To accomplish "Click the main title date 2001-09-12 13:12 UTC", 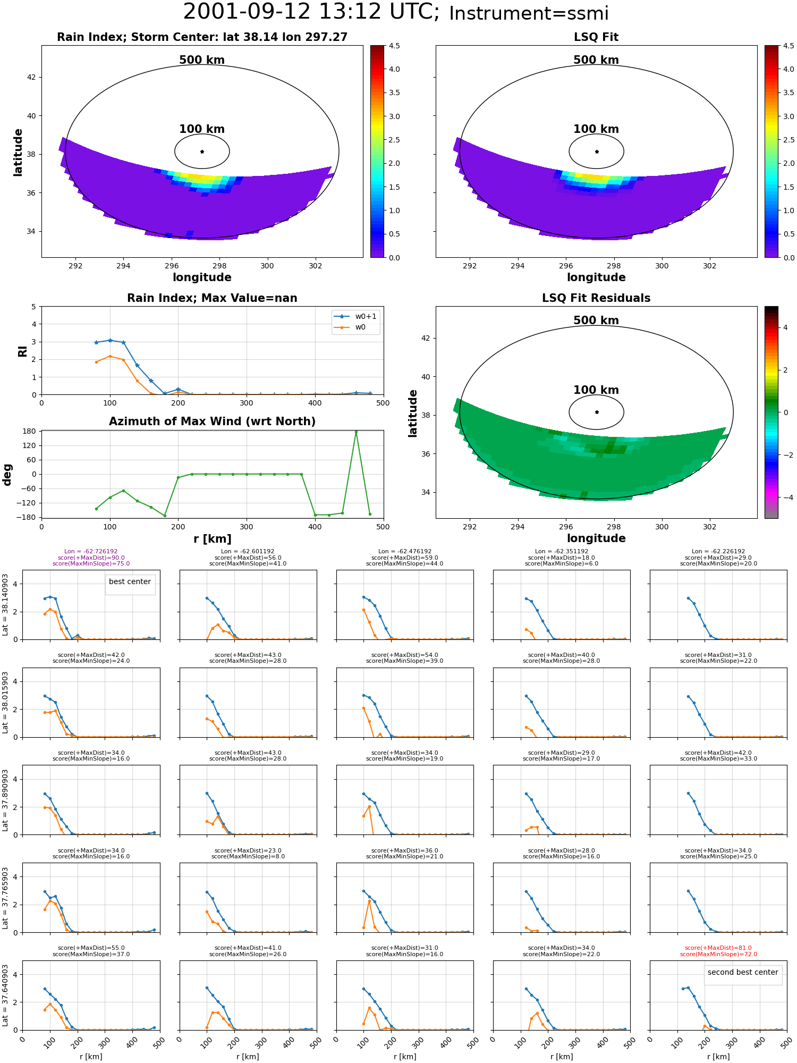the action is click(311, 12).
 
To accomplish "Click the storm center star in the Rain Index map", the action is click(202, 151).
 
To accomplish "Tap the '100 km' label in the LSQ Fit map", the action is click(596, 129).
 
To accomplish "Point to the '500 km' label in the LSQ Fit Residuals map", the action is click(596, 320).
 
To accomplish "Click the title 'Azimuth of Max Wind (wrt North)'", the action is click(212, 421).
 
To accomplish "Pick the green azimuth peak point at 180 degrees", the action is click(356, 432).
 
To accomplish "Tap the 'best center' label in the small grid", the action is click(130, 582).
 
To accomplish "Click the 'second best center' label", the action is click(743, 973).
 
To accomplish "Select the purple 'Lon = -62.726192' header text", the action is click(91, 552).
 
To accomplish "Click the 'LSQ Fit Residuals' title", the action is click(596, 298).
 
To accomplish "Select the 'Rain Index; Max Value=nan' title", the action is click(212, 298).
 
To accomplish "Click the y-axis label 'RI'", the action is click(22, 351).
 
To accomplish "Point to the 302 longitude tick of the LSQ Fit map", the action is click(710, 266).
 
